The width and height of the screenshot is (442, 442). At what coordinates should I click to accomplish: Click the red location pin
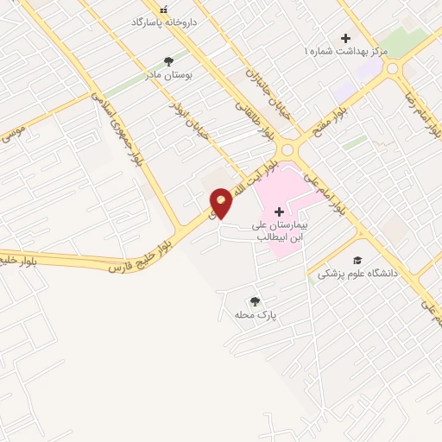click(x=221, y=202)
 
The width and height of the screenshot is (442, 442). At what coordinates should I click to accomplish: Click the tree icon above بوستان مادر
click(x=168, y=61)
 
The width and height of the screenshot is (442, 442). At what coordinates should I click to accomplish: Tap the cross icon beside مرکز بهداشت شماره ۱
click(x=346, y=38)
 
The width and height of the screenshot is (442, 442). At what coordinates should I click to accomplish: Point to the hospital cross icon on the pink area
click(x=279, y=212)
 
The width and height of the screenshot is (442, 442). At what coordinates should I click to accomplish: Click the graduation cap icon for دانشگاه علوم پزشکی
click(x=357, y=261)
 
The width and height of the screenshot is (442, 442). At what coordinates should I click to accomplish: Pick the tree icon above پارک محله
click(x=255, y=301)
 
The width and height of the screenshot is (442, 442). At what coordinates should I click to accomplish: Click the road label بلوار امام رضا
click(x=422, y=107)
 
